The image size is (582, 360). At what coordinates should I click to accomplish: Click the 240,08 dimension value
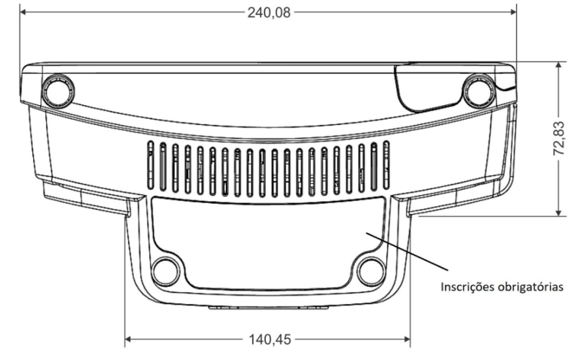point(269,13)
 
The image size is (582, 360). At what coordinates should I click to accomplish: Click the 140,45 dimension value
point(270,339)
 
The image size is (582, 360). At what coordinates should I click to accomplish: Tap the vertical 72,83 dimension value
point(559,138)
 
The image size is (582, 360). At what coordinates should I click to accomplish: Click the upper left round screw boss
point(58,91)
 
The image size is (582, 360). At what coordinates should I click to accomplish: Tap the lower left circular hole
point(166,272)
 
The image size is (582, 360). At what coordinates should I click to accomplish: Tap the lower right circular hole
point(371,272)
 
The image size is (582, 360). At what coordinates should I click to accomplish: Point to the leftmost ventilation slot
point(150,165)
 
